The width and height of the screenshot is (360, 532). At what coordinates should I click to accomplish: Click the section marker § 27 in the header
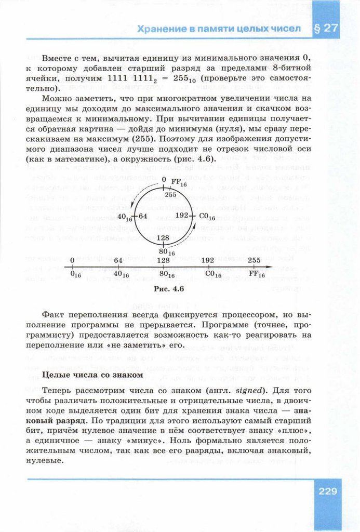(x=326, y=29)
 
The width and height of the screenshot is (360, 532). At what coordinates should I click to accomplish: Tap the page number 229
(x=326, y=491)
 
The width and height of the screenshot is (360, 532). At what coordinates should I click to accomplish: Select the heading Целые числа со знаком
(x=91, y=375)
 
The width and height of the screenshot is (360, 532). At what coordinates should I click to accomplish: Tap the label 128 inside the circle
(x=163, y=238)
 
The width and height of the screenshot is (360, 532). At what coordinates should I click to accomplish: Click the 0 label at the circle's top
(x=164, y=180)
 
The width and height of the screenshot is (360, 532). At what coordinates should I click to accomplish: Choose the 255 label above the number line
(x=255, y=260)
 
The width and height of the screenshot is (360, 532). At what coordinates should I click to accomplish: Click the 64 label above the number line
(x=118, y=260)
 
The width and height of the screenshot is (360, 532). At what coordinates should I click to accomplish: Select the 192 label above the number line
(x=208, y=260)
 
